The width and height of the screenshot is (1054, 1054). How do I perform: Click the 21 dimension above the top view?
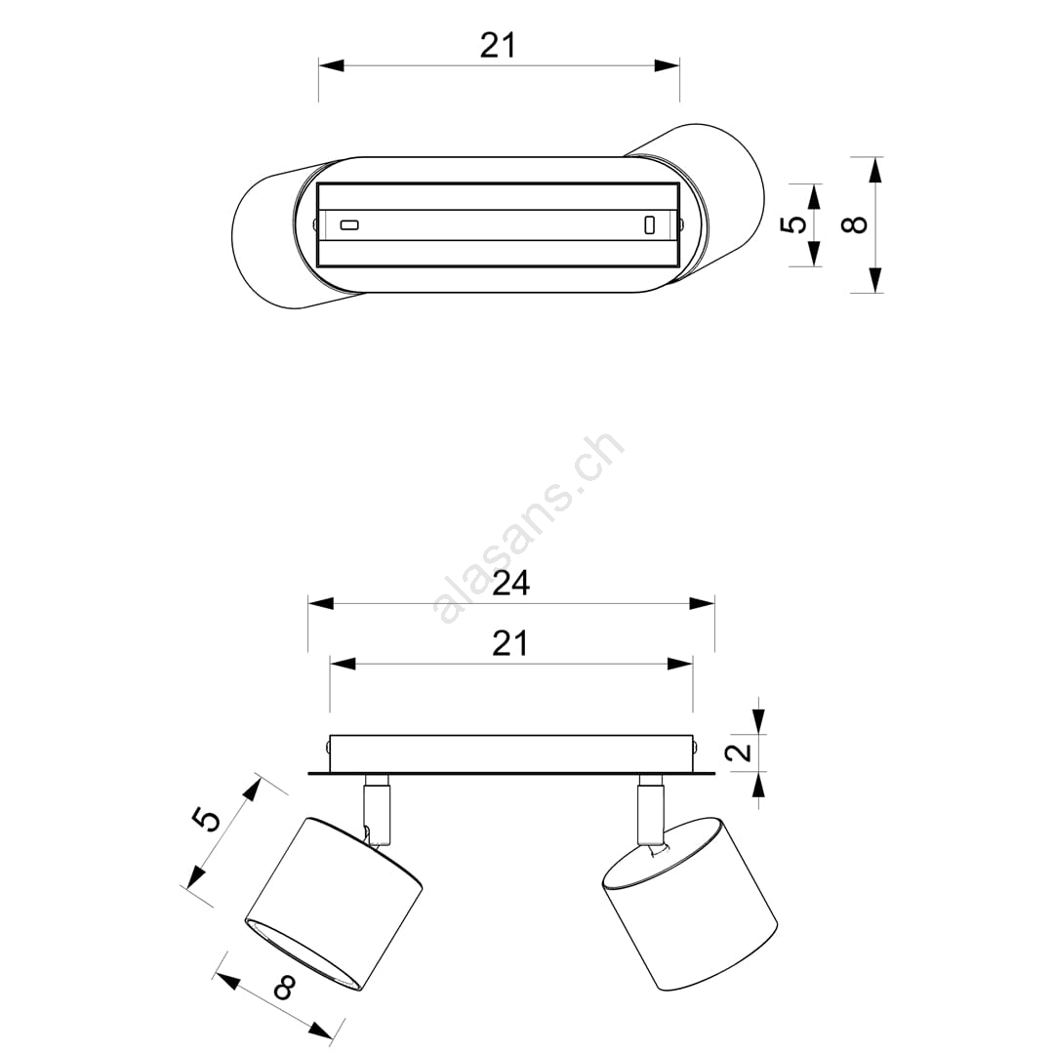pos(498,46)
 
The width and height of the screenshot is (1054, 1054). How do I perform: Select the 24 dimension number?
pos(510,584)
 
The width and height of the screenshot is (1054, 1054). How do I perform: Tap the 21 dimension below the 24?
pos(510,643)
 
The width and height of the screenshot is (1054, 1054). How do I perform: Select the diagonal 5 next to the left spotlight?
pos(206,820)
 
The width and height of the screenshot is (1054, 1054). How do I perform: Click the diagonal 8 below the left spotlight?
pos(286,988)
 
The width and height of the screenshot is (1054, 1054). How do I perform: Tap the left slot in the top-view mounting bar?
pos(348,224)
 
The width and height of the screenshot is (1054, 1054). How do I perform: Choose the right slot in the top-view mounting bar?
pos(649,224)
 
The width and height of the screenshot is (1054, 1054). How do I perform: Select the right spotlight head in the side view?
pos(690,903)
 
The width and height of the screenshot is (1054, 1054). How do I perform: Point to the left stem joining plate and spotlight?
pos(377,809)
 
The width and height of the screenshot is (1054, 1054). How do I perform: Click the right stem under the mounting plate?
pos(651,809)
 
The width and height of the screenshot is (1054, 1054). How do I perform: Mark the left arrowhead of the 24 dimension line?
pos(321,604)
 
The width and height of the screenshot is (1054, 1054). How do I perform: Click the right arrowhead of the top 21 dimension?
pos(667,66)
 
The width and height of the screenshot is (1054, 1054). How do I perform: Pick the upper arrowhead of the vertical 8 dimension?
pos(873,170)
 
